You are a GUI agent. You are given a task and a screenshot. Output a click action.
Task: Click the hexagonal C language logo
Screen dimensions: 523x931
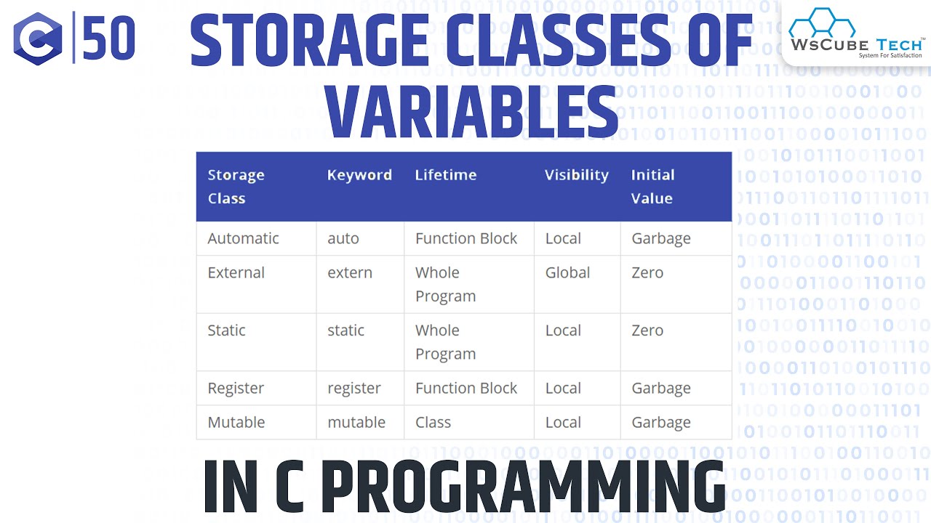tap(38, 38)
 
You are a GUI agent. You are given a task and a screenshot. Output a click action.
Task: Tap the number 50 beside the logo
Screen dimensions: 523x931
tap(109, 38)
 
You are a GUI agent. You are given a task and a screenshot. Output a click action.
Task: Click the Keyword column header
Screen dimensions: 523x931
tap(359, 175)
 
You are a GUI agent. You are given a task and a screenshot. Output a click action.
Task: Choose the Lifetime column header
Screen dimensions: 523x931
tap(446, 175)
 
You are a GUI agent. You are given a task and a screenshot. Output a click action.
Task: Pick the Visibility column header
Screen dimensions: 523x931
tap(576, 175)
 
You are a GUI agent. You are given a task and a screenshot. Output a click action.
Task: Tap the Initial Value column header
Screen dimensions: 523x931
tap(652, 186)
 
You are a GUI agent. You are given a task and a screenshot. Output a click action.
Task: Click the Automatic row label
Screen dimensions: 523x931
tap(243, 238)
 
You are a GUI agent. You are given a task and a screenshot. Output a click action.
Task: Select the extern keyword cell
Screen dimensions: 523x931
tap(350, 272)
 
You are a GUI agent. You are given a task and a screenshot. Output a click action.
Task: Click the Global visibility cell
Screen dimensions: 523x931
tap(567, 272)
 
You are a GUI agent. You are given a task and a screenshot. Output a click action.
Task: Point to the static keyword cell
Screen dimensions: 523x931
tap(345, 331)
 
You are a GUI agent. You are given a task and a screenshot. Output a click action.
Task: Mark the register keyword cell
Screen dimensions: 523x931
tap(354, 389)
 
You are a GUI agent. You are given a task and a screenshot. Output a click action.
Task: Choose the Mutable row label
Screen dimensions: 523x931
tap(236, 422)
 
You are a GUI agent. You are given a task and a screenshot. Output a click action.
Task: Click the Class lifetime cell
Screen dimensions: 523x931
tap(433, 422)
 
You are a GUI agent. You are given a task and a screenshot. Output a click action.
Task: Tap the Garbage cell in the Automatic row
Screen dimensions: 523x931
tap(661, 238)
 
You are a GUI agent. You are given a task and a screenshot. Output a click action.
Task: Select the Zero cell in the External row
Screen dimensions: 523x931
tap(647, 272)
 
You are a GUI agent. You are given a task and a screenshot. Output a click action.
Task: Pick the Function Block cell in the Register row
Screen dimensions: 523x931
tap(466, 389)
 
